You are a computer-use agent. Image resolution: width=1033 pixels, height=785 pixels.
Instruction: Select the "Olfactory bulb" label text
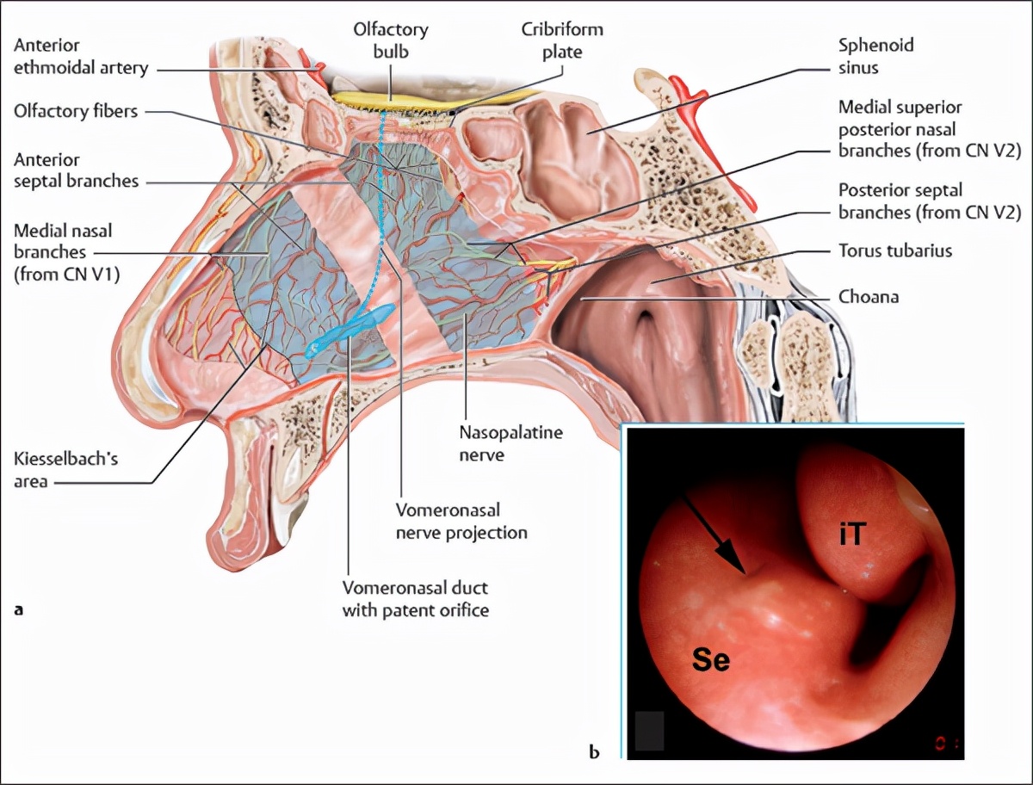390,40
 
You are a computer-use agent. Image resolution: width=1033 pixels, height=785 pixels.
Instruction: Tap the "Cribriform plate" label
562,40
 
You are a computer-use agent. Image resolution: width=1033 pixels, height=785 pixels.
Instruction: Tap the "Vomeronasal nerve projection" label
461,522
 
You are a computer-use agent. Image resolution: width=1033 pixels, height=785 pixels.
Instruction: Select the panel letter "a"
20,609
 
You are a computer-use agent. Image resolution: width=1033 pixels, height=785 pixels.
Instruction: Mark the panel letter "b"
594,751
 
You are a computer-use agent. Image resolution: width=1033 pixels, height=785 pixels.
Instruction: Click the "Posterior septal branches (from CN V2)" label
930,201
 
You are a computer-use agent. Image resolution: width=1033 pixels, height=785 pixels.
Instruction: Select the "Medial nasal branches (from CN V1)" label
64,251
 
